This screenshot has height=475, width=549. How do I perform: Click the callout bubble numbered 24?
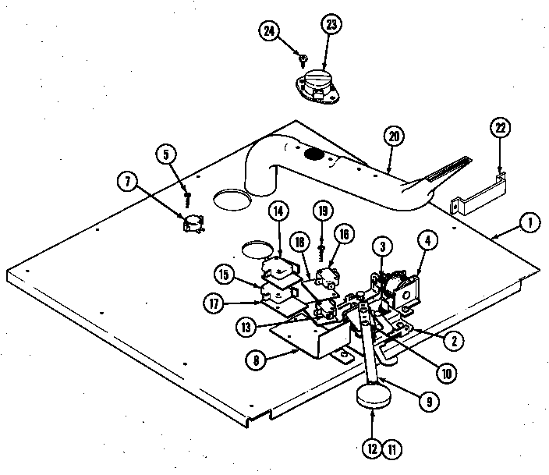[x=268, y=31]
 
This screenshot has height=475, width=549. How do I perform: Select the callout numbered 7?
[x=128, y=184]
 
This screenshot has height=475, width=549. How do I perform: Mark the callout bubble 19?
[x=321, y=211]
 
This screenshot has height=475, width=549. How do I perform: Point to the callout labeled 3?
[x=381, y=246]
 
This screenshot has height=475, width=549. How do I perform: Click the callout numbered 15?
[x=223, y=275]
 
